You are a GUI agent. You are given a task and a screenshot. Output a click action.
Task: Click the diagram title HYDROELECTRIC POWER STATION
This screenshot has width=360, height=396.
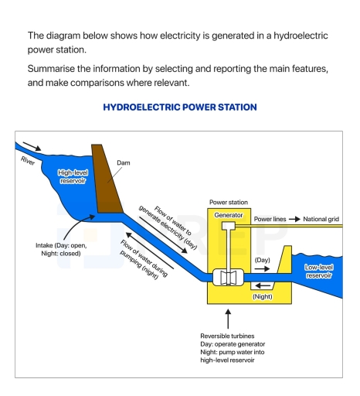tap(179, 108)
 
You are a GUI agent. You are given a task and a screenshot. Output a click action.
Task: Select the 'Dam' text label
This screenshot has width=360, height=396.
tap(124, 163)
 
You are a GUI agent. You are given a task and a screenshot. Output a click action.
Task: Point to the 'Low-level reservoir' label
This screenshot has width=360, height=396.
tap(318, 271)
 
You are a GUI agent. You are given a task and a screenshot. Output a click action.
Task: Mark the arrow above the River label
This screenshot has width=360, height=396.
tap(34, 147)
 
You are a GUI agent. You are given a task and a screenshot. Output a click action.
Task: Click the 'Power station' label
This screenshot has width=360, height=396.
tap(229, 200)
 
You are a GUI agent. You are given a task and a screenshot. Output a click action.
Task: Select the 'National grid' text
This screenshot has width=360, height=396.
tap(321, 220)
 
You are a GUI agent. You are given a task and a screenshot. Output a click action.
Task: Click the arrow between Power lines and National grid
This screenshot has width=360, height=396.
tap(294, 220)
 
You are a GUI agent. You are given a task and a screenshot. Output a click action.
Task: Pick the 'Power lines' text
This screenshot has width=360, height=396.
tap(270, 220)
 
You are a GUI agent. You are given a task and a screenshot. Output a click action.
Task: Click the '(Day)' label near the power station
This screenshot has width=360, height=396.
tap(263, 260)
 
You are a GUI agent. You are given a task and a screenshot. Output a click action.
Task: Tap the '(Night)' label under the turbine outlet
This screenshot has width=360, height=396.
tap(263, 296)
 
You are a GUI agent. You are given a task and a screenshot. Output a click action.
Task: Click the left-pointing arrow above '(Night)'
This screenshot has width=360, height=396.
tap(263, 285)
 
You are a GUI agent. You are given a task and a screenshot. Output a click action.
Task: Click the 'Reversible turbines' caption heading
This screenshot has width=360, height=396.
tap(226, 335)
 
